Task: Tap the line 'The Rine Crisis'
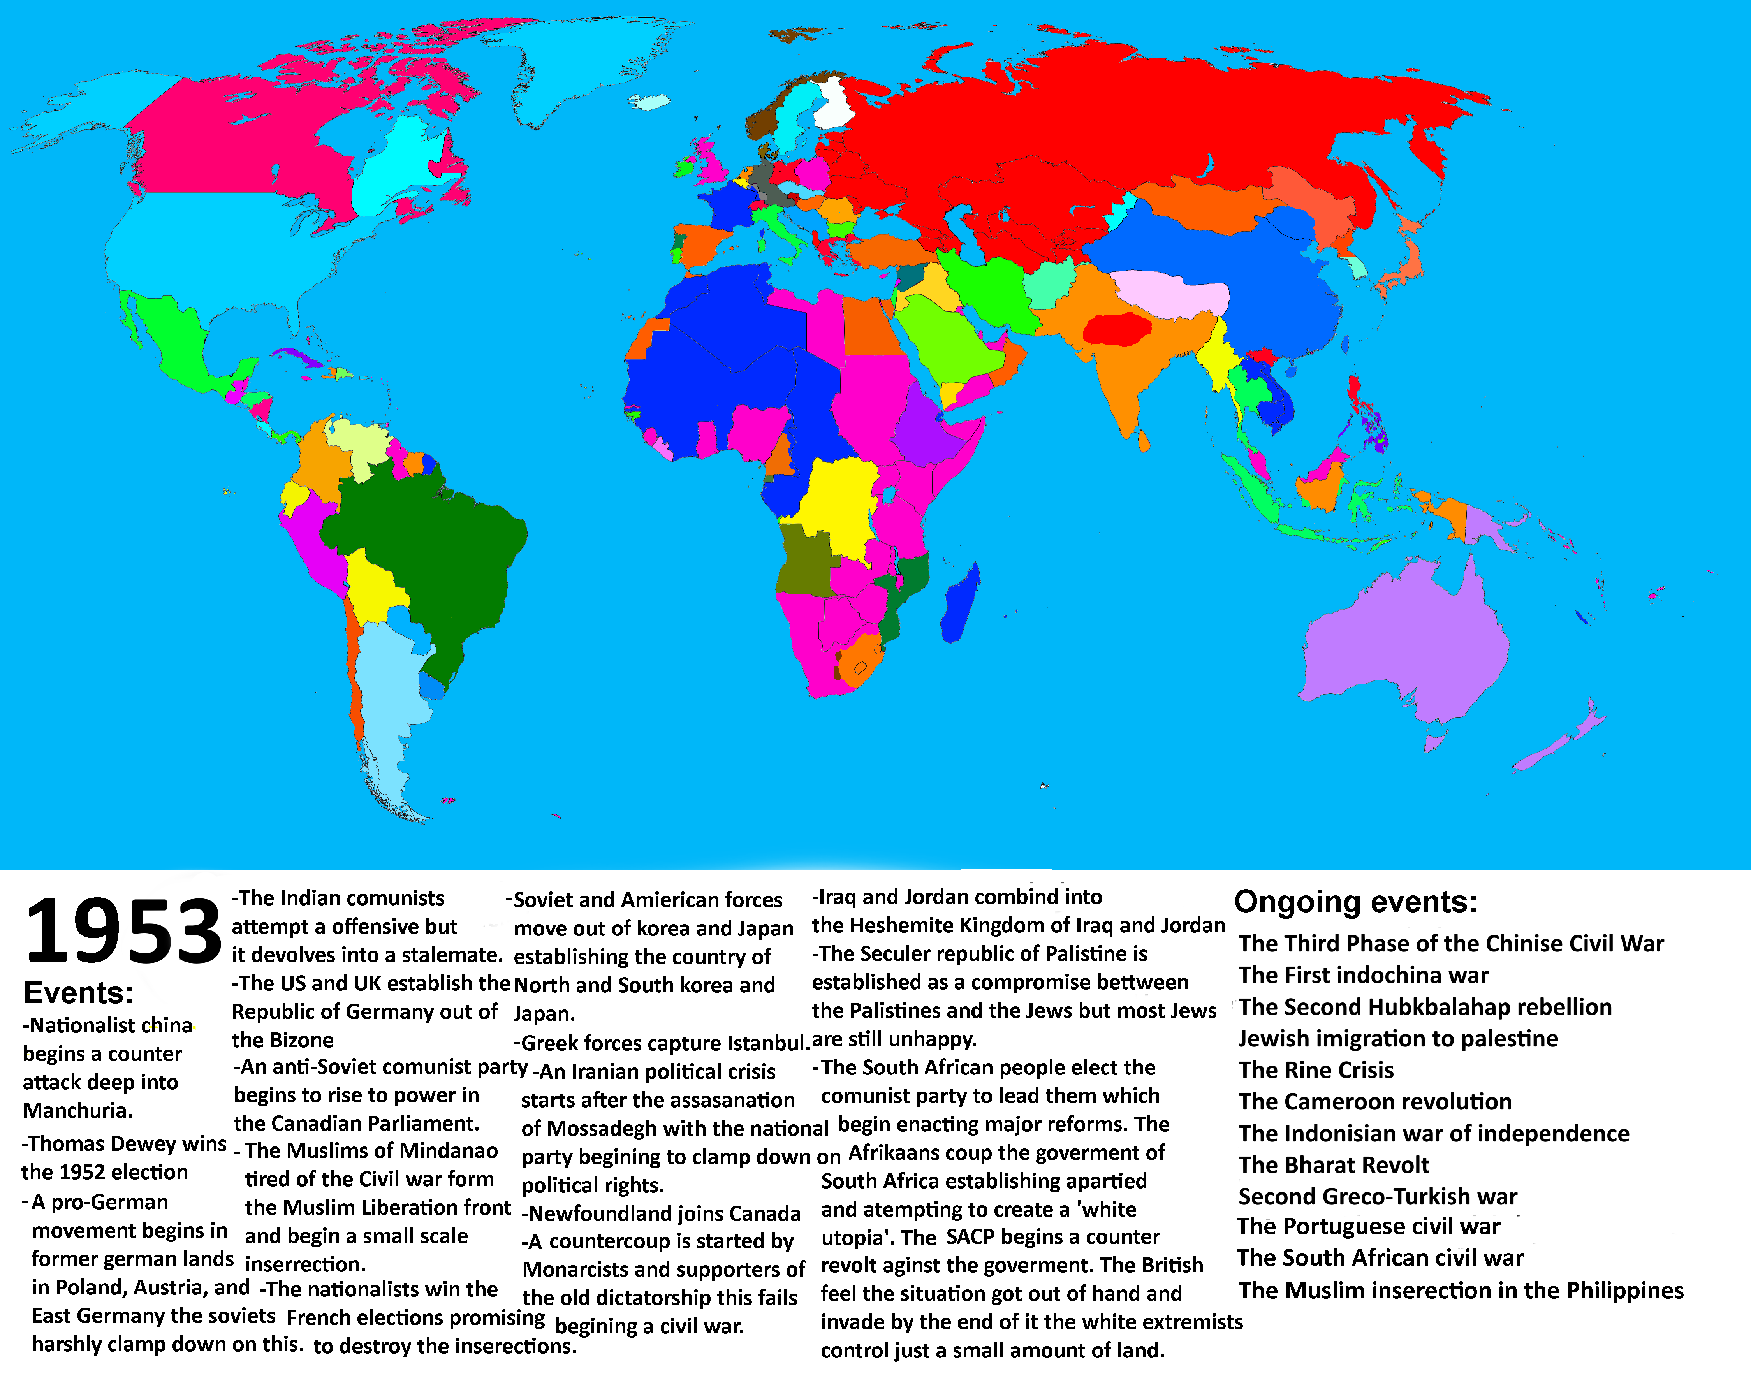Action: point(1315,1070)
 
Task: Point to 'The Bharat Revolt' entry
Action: point(1333,1165)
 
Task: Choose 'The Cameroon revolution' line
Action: point(1374,1101)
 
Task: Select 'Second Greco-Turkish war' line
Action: point(1378,1196)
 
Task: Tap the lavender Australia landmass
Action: point(1401,644)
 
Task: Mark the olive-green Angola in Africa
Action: point(805,559)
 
